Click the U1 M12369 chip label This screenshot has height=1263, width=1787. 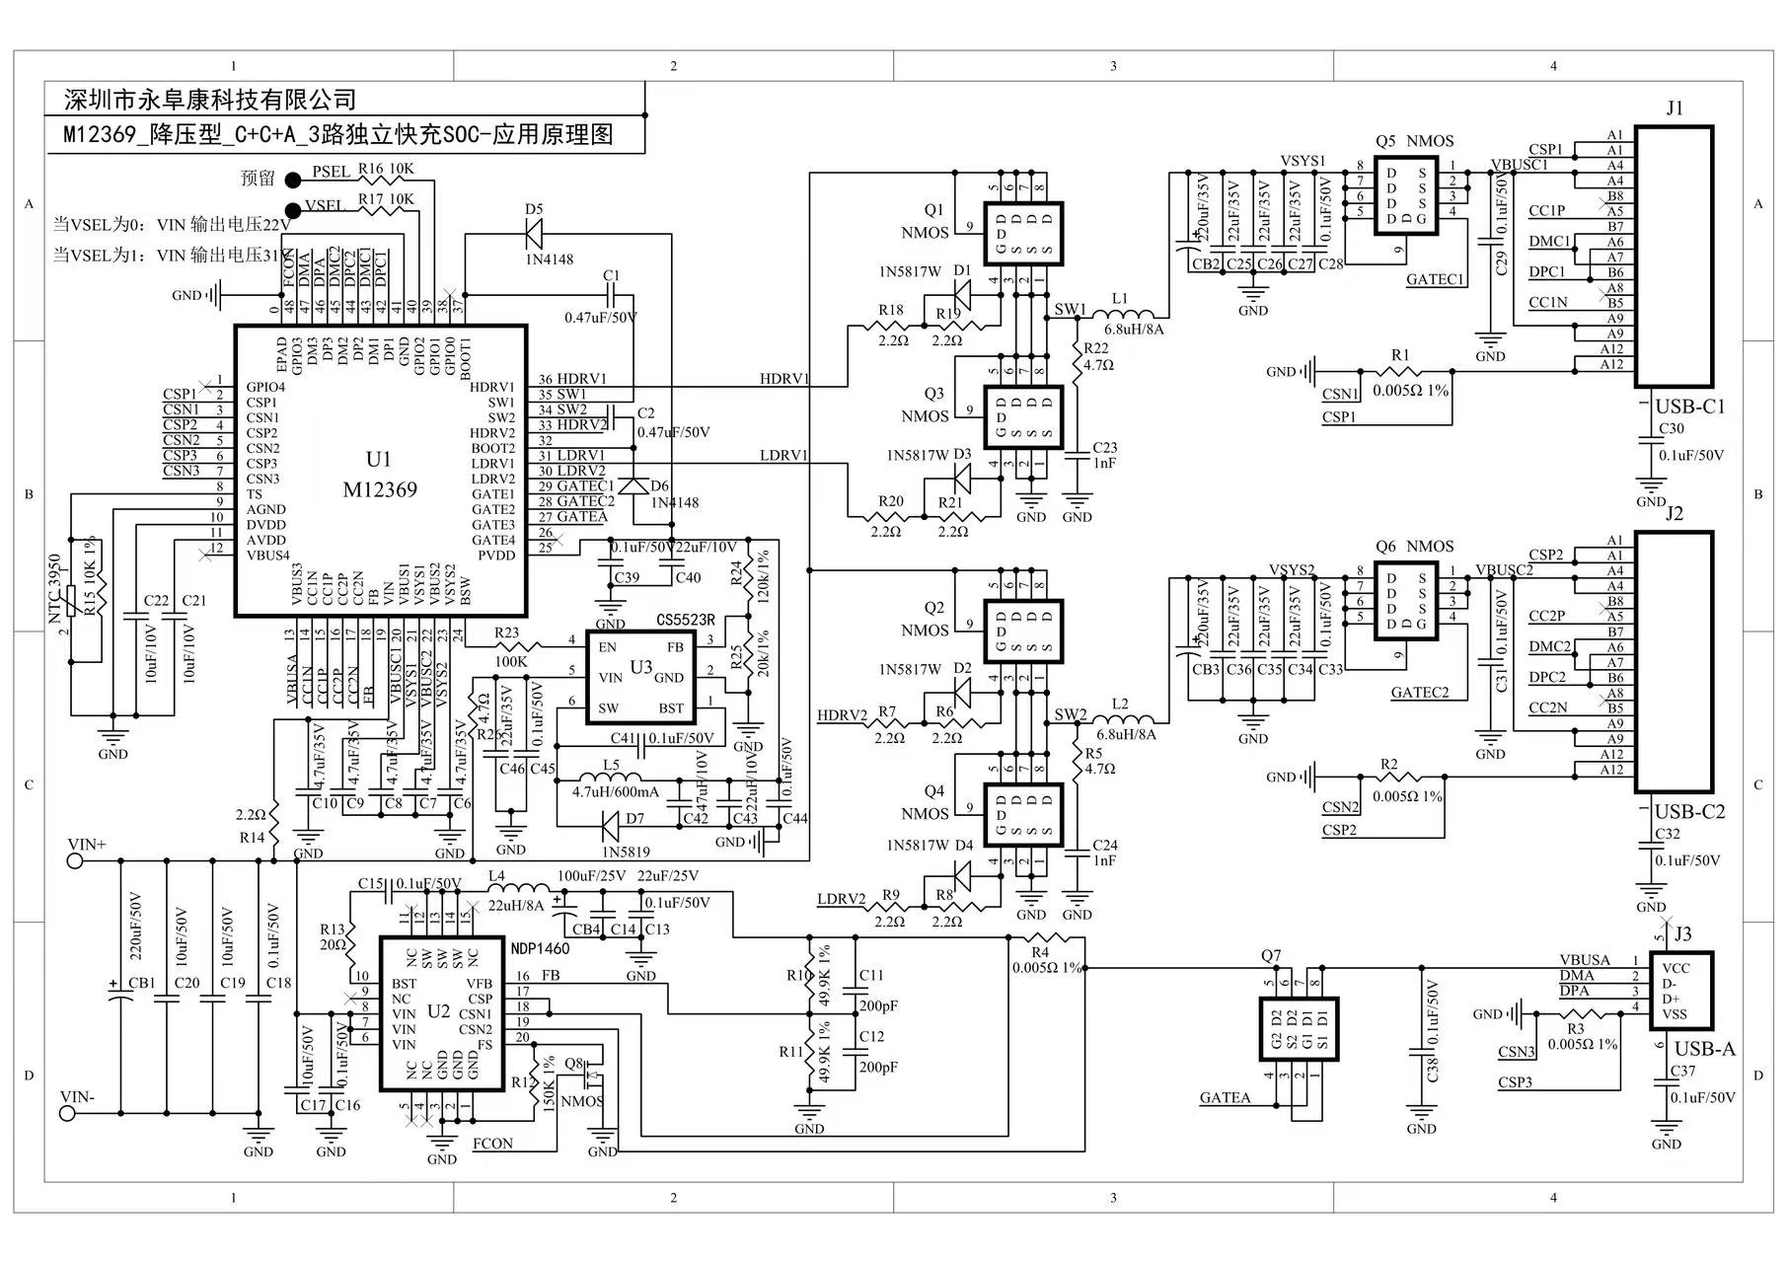click(379, 475)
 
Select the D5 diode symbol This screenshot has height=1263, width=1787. click(534, 234)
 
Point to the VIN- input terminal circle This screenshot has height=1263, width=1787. click(68, 1113)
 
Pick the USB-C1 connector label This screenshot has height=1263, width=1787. click(1689, 407)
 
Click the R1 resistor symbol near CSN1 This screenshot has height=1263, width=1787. click(1401, 372)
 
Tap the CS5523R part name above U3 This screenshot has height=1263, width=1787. click(685, 621)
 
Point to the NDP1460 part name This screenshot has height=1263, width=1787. click(540, 948)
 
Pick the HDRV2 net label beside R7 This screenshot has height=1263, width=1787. click(842, 715)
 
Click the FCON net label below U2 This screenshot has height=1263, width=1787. click(492, 1144)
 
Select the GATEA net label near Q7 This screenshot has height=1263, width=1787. click(1225, 1097)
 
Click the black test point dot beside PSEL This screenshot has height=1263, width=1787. click(293, 180)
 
